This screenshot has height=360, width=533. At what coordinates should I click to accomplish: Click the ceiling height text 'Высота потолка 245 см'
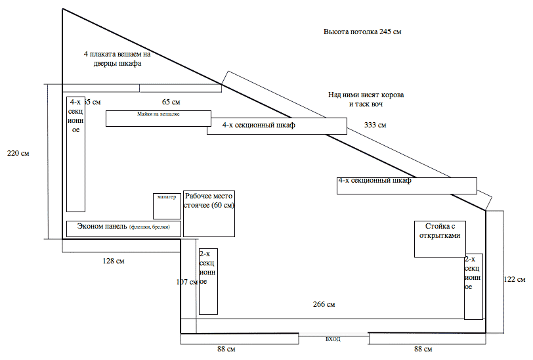362,32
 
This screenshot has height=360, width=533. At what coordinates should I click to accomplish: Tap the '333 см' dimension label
375,125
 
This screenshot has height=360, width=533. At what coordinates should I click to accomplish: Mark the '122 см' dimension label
515,279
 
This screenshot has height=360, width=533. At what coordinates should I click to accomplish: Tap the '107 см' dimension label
186,282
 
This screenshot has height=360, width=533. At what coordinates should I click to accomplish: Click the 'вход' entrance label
333,339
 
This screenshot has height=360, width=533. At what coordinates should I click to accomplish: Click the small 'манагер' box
166,206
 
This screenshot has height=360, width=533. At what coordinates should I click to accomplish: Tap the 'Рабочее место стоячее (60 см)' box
209,214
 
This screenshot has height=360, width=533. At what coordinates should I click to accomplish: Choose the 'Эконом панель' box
123,229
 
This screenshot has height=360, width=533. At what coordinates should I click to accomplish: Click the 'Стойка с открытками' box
440,238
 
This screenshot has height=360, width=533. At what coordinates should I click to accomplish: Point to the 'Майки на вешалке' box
158,118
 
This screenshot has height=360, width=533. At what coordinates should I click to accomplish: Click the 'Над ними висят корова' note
366,99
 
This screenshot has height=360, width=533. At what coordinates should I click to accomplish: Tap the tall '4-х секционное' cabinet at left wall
76,154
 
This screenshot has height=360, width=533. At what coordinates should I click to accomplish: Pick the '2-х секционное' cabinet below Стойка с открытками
473,286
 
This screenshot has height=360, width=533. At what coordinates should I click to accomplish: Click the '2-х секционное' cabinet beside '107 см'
208,281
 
